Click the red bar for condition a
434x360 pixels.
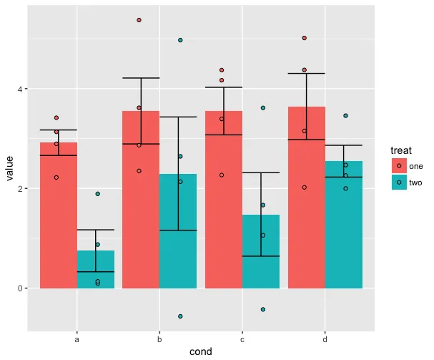click(59, 215)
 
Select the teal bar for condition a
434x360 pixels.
click(96, 269)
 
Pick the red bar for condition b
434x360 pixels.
click(141, 200)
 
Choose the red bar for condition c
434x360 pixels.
click(224, 200)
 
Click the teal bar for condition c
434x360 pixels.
click(261, 251)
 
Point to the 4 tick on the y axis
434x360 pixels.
click(23, 89)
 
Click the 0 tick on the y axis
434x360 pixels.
click(23, 288)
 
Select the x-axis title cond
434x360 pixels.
click(201, 351)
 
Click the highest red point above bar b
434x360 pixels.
click(139, 20)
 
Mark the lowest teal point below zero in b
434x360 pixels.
click(180, 316)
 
